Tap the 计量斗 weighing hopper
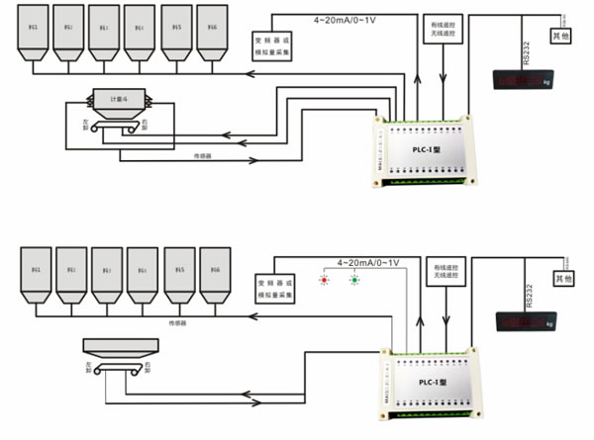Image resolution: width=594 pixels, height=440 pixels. tap(120, 99)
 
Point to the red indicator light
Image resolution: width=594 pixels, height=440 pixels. tap(322, 279)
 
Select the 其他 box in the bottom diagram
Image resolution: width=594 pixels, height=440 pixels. tap(563, 280)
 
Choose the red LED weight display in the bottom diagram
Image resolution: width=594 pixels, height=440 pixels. tap(526, 320)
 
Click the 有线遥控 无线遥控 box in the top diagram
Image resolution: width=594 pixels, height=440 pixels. tap(433, 32)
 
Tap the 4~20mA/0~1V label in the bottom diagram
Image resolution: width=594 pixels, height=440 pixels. tap(367, 263)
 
